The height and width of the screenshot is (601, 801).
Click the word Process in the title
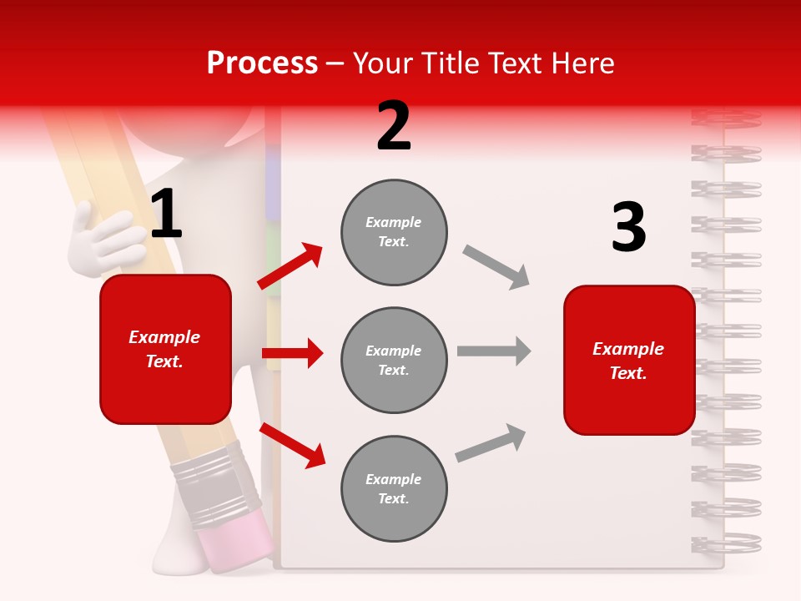(262, 63)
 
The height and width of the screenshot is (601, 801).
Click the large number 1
(166, 215)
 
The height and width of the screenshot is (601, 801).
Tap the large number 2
(394, 126)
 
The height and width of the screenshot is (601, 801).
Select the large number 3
(628, 228)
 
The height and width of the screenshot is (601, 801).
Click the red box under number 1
(165, 349)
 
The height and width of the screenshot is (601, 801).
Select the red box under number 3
(629, 360)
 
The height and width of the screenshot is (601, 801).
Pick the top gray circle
(394, 232)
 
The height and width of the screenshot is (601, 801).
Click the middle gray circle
(394, 360)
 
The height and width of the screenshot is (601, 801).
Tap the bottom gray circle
(394, 488)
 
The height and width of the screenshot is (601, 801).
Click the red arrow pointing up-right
(290, 266)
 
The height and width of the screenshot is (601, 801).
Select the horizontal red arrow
(292, 353)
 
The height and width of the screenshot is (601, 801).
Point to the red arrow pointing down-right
(292, 445)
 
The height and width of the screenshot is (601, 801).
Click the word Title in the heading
(450, 63)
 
